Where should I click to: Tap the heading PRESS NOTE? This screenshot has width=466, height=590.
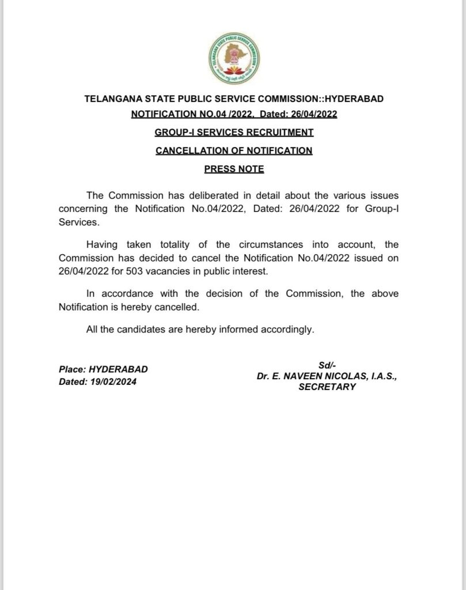(x=234, y=169)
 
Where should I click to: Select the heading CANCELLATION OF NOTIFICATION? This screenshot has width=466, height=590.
(x=234, y=151)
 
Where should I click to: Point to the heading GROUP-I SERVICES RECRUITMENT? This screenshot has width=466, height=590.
(x=234, y=133)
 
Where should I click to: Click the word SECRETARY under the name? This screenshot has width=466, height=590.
(x=327, y=387)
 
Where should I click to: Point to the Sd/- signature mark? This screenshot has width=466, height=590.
(x=327, y=364)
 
